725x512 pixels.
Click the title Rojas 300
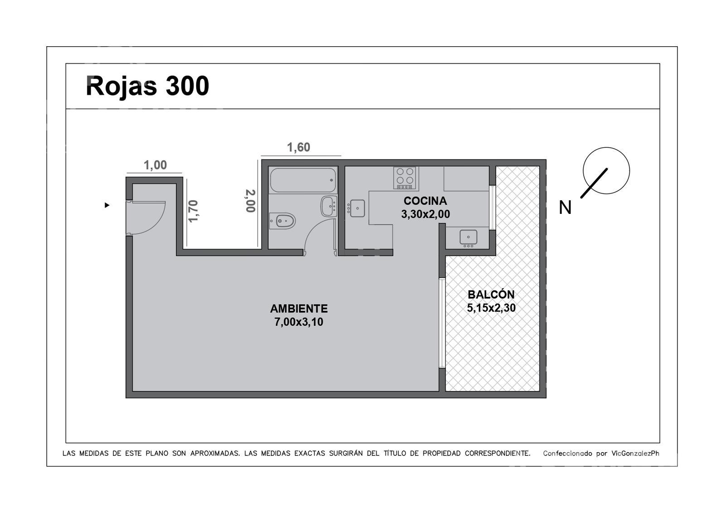pyautogui.click(x=147, y=86)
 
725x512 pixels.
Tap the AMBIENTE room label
pyautogui.click(x=299, y=309)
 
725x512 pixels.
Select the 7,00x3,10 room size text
pyautogui.click(x=299, y=322)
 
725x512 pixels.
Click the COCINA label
pyautogui.click(x=425, y=201)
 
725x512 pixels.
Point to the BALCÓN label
pyautogui.click(x=491, y=295)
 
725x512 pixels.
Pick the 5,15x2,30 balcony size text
pyautogui.click(x=491, y=308)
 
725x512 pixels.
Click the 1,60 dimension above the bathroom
pyautogui.click(x=299, y=148)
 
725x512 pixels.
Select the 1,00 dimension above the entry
pyautogui.click(x=155, y=165)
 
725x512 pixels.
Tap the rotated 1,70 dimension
pyautogui.click(x=193, y=211)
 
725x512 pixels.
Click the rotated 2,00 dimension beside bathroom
pyautogui.click(x=251, y=201)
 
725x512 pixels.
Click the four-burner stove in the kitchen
pyautogui.click(x=405, y=178)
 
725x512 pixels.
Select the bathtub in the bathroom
pyautogui.click(x=303, y=180)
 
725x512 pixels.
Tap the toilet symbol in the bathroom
pyautogui.click(x=282, y=221)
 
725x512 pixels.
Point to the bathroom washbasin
pyautogui.click(x=329, y=206)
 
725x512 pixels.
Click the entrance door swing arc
pyautogui.click(x=158, y=222)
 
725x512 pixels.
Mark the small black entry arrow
pyautogui.click(x=107, y=205)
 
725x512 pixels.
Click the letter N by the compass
pyautogui.click(x=565, y=208)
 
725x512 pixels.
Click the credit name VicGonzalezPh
pyautogui.click(x=635, y=454)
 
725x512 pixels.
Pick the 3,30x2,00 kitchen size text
pyautogui.click(x=425, y=214)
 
